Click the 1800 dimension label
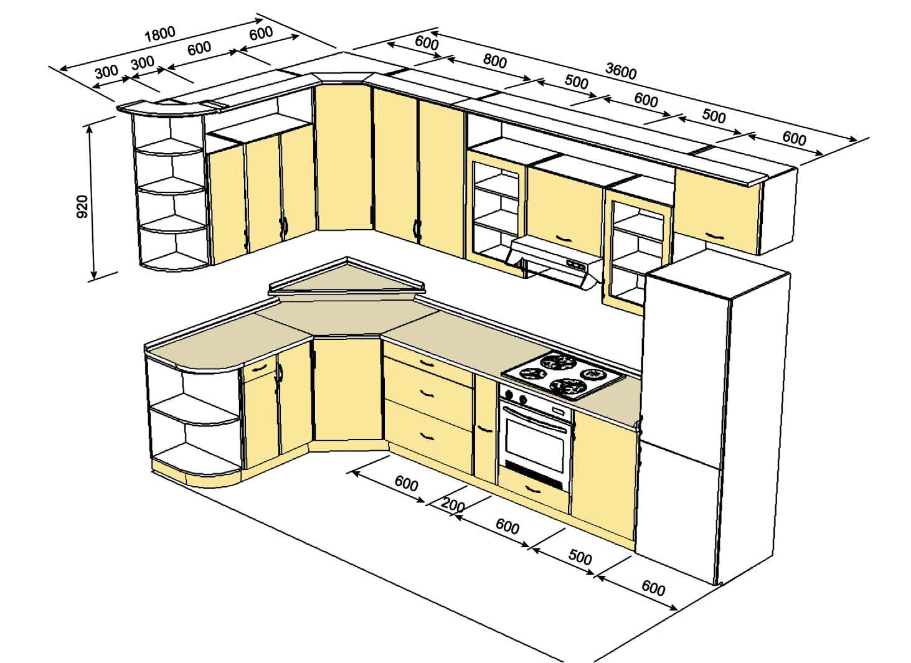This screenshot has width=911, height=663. point(159,34)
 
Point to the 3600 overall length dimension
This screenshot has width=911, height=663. point(621,72)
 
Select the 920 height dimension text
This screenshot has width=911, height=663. point(82,206)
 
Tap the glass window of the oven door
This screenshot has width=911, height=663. point(535,441)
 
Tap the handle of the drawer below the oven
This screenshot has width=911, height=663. point(532,489)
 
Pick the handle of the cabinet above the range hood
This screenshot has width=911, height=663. point(564,238)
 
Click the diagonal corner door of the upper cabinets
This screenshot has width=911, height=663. point(344,159)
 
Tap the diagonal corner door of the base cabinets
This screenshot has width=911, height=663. point(346,389)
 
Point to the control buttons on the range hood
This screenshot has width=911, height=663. point(576,265)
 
